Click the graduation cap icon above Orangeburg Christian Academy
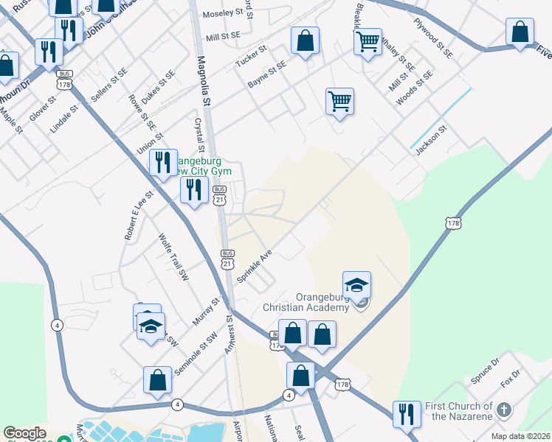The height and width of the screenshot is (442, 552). tap(357, 285)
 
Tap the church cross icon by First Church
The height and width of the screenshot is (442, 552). tap(503, 410)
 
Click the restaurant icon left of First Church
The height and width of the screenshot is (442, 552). tap(407, 415)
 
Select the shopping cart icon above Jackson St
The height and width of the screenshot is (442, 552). tap(339, 101)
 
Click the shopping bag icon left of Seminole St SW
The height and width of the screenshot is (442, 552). tap(158, 380)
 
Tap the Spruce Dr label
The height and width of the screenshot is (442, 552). tap(485, 372)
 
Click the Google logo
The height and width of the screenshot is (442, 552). tap(24, 434)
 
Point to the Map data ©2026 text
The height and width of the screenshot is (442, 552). tap(520, 436)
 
